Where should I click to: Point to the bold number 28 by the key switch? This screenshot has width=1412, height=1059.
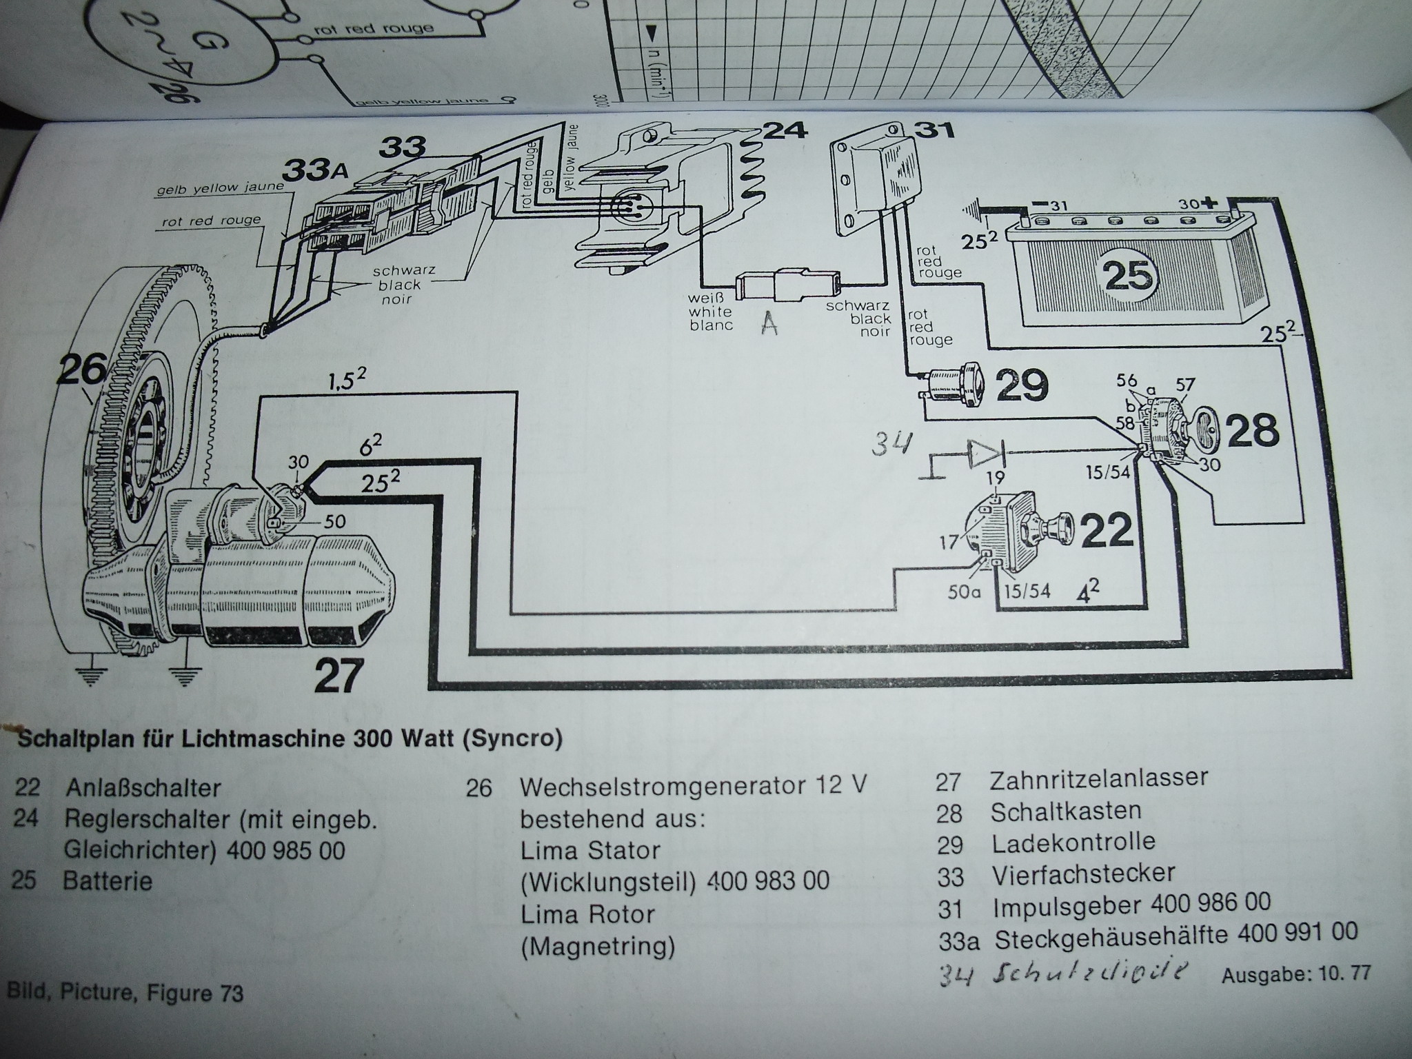tap(1253, 431)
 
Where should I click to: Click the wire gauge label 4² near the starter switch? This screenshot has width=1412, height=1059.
tap(1087, 592)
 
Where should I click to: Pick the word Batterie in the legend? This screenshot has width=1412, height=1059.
tap(108, 881)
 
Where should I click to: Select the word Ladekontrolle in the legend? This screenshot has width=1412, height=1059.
tap(1073, 842)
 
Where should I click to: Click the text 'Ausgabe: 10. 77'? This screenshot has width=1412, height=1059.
tap(1296, 974)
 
